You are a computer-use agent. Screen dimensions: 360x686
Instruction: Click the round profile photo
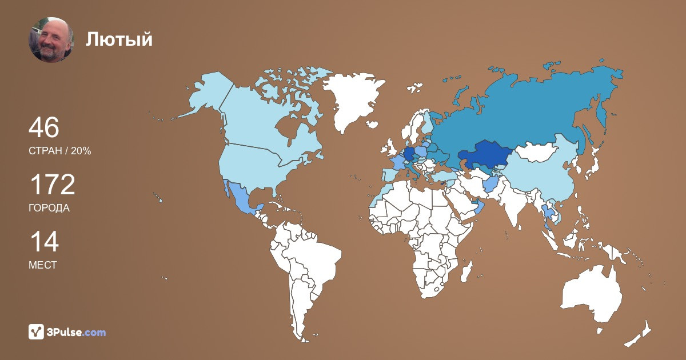[x=51, y=40]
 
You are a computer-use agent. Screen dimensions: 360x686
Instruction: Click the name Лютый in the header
[x=119, y=39]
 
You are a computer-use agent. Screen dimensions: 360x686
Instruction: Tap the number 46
[x=44, y=127]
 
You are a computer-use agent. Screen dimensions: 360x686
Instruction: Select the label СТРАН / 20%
[x=60, y=151]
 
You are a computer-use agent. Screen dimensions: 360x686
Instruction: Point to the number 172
[x=52, y=185]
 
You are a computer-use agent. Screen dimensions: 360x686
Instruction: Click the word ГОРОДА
[x=49, y=208]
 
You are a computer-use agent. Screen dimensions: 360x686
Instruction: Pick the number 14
[x=43, y=242]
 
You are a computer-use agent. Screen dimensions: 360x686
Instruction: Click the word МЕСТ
[x=43, y=265]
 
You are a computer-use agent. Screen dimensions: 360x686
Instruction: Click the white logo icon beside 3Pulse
[x=37, y=331]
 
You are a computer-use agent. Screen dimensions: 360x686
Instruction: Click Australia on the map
[x=592, y=294]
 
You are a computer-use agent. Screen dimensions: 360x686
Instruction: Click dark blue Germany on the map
[x=409, y=154]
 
